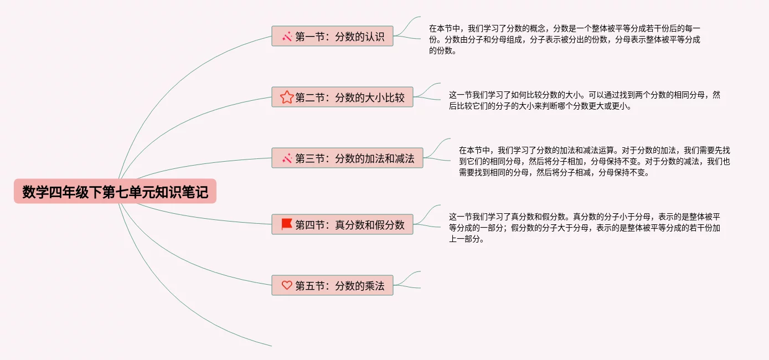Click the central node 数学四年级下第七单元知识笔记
tap(115, 192)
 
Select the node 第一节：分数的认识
tap(332, 37)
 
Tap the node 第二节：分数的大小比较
tap(342, 97)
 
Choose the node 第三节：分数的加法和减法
tap(347, 158)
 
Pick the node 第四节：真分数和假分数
tap(342, 225)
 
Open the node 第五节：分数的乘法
tap(332, 286)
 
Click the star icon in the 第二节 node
tap(286, 97)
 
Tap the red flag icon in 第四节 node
tap(286, 224)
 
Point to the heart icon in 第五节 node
tap(286, 286)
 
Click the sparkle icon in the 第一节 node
tap(287, 37)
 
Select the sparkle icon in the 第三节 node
tap(287, 158)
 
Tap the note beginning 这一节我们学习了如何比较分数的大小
tap(584, 100)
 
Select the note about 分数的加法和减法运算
tap(594, 161)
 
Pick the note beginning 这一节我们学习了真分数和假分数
tap(584, 228)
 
